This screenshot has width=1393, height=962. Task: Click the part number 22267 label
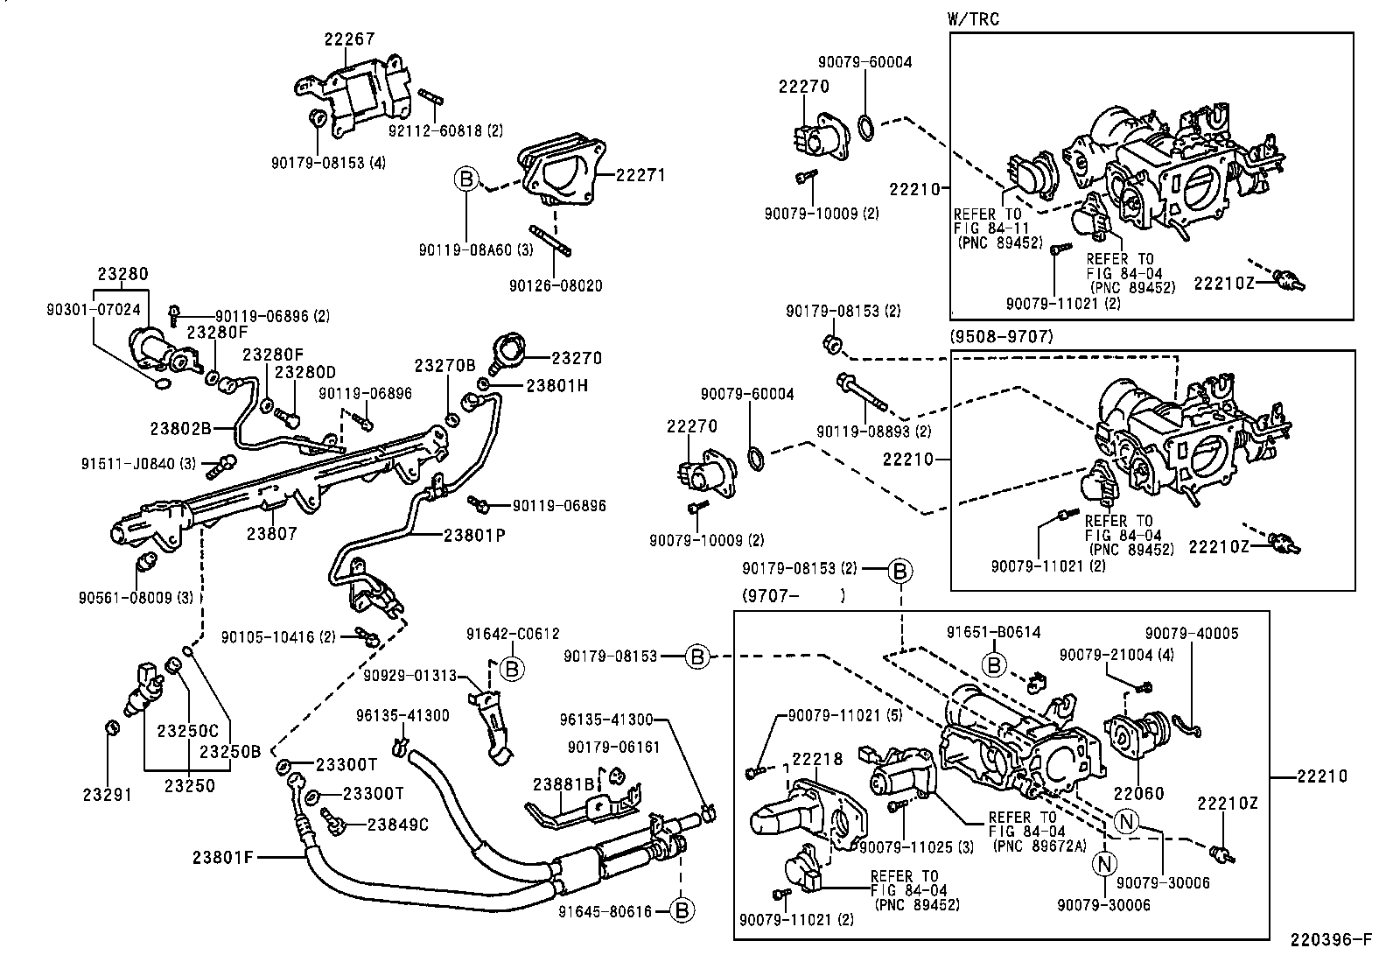pos(348,39)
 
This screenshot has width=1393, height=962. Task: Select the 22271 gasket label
pos(640,175)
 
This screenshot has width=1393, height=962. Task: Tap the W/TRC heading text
pos(973,18)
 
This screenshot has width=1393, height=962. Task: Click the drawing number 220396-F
pos(1330,941)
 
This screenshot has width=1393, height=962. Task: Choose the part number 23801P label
pos(474,534)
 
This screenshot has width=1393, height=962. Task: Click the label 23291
pos(107,795)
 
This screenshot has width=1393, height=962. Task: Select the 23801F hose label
pos(222,857)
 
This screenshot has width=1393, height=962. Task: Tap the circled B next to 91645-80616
pos(682,911)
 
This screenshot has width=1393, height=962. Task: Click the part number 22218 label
pos(817,760)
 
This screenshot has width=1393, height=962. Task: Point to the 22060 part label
pos(1138,793)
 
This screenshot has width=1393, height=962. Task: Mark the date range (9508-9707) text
pos(1003,336)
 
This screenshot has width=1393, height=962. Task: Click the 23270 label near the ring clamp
pos(576,358)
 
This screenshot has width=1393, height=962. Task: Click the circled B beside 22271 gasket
pos(466,180)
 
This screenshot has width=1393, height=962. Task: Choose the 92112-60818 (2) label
pos(446,130)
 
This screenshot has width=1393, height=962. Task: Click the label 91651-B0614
pos(993,633)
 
